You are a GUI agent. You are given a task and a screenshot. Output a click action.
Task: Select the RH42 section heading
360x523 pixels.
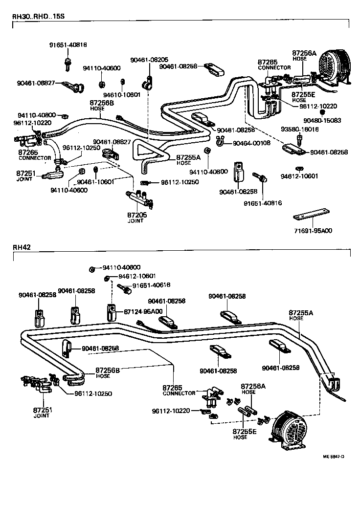(x=22, y=247)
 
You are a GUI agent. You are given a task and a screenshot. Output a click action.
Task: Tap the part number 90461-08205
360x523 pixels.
(x=149, y=60)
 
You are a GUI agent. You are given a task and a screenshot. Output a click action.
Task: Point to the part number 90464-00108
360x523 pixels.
(x=251, y=143)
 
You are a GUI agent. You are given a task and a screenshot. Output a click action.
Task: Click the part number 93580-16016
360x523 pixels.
(x=299, y=130)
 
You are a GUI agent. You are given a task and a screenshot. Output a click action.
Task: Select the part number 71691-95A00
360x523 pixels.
(x=313, y=230)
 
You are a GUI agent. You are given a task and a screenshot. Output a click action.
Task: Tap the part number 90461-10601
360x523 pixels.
(x=95, y=182)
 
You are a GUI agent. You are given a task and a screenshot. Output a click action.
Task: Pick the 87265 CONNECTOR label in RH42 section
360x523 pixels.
(x=179, y=390)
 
